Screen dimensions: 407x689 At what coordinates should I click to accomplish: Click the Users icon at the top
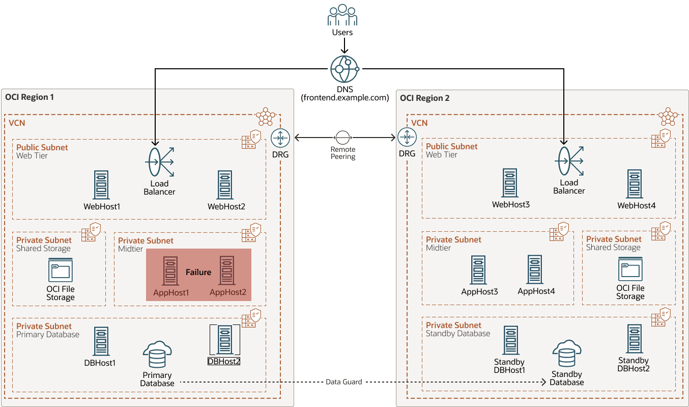pyautogui.click(x=342, y=15)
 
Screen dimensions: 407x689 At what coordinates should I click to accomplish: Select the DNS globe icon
pyautogui.click(x=344, y=69)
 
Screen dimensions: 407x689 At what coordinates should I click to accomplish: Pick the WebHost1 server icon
pyautogui.click(x=101, y=185)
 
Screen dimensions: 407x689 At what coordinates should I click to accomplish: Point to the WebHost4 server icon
pyautogui.click(x=636, y=184)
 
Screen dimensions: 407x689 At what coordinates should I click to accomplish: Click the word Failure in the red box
pyautogui.click(x=198, y=273)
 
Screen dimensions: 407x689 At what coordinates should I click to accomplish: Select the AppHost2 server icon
pyautogui.click(x=227, y=270)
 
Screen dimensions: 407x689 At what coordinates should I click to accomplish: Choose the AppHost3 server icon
pyautogui.click(x=479, y=270)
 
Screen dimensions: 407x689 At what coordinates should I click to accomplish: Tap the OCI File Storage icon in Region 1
pyautogui.click(x=61, y=270)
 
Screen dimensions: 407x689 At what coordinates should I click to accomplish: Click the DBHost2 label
pyautogui.click(x=224, y=361)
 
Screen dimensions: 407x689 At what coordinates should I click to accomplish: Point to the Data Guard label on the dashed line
pyautogui.click(x=344, y=382)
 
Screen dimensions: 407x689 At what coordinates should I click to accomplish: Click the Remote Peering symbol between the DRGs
pyautogui.click(x=342, y=138)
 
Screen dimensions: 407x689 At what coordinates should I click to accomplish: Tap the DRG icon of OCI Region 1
pyautogui.click(x=280, y=138)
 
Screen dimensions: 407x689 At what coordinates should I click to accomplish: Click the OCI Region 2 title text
pyautogui.click(x=425, y=98)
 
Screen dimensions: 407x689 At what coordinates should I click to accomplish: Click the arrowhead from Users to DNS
pyautogui.click(x=344, y=51)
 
